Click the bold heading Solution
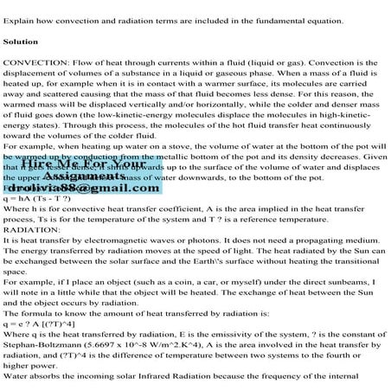point(22,42)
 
